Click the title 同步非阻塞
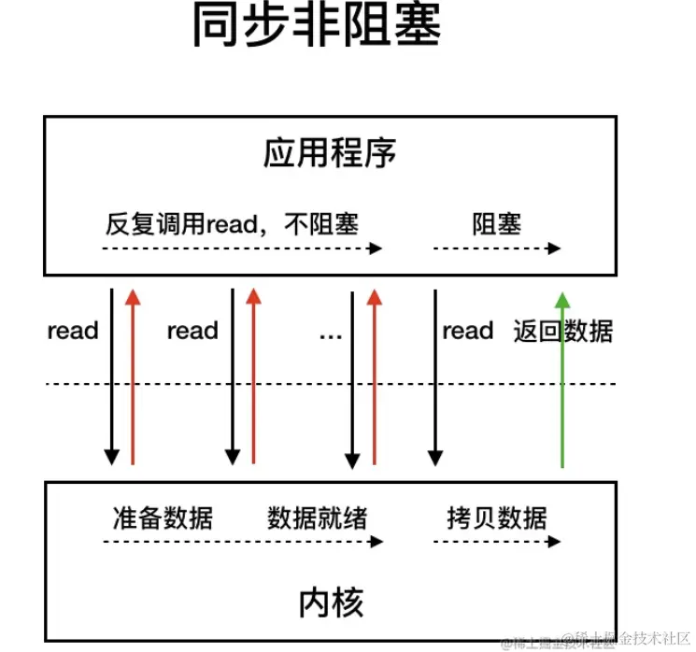317,27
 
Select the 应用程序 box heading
329,153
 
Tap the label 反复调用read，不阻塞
233,224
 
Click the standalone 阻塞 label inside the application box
496,224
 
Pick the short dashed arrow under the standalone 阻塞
496,248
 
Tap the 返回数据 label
563,331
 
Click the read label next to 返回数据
467,331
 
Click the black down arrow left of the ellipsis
352,378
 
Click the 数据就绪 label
317,517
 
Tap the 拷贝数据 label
496,517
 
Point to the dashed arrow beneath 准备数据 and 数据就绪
243,541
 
